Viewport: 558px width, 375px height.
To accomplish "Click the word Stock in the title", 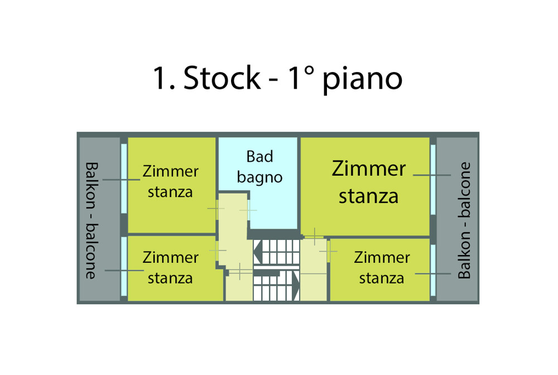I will click(x=222, y=78).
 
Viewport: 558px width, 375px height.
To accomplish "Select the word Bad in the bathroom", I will click(x=260, y=157).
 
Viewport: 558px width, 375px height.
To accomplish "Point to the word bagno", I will click(x=260, y=177).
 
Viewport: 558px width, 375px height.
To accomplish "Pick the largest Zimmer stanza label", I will click(x=369, y=182).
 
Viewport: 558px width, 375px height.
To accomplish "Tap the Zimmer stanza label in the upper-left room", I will click(x=170, y=181).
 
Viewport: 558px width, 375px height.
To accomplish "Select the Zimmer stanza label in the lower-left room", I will click(x=170, y=267).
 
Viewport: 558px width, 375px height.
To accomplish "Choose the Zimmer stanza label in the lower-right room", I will click(x=382, y=267).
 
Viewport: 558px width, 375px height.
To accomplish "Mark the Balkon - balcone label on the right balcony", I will click(x=464, y=220).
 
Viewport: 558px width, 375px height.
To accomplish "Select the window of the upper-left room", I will click(x=124, y=178).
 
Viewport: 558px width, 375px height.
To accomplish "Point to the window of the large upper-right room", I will click(x=433, y=178).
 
